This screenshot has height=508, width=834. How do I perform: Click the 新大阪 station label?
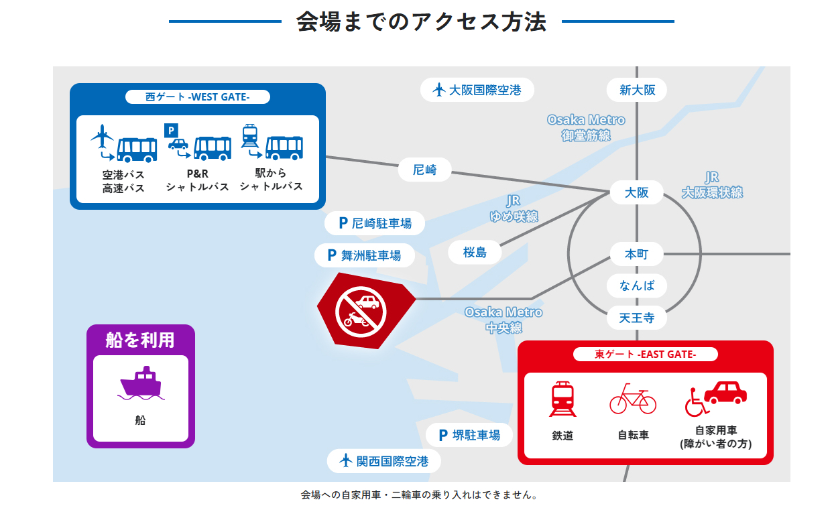pos(637,90)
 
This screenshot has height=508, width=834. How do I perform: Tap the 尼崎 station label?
pos(425,170)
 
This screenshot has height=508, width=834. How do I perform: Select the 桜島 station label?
pos(475,253)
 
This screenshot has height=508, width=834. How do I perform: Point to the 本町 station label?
pos(637,254)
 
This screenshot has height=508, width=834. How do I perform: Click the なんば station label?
pos(637,285)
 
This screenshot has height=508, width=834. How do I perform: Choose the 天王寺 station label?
pos(637,318)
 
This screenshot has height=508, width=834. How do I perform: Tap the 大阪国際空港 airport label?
pos(477,90)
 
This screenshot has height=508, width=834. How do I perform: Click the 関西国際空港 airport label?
pos(384,461)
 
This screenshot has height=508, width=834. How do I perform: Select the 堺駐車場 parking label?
pos(469,435)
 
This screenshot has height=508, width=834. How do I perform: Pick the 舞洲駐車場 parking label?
pos(365,255)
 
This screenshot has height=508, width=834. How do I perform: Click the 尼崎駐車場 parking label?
pos(375,223)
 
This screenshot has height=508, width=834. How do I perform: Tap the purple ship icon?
pos(141,383)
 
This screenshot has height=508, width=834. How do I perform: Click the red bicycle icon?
pos(633,399)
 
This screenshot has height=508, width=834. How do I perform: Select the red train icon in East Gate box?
pos(562,399)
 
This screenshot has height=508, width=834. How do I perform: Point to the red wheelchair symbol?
pos(695,402)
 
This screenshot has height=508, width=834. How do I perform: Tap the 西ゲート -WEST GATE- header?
pos(198,97)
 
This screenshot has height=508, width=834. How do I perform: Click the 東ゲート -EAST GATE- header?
pos(645,355)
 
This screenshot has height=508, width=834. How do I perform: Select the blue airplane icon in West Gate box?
pos(102,136)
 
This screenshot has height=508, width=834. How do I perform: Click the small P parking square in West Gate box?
pos(171,131)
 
